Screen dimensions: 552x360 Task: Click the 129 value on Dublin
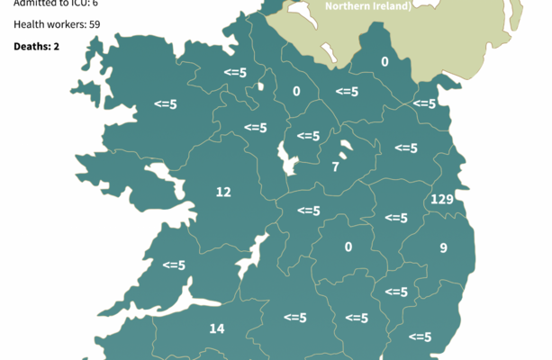pyautogui.click(x=441, y=199)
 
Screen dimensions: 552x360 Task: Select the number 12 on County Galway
pyautogui.click(x=223, y=191)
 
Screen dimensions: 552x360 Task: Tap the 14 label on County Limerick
pyautogui.click(x=216, y=328)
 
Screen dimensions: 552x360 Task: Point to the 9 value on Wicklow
pyautogui.click(x=443, y=247)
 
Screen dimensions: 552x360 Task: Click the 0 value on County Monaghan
pyautogui.click(x=385, y=62)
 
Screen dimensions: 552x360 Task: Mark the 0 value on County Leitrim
pyautogui.click(x=296, y=91)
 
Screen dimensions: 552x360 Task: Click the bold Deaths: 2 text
pyautogui.click(x=37, y=45)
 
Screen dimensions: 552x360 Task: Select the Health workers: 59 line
pyautogui.click(x=50, y=24)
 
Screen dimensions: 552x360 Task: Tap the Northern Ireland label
pyautogui.click(x=368, y=6)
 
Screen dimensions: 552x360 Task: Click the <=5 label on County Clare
pyautogui.click(x=174, y=265)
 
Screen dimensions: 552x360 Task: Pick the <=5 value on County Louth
pyautogui.click(x=423, y=103)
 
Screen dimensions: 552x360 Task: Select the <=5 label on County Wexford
pyautogui.click(x=420, y=337)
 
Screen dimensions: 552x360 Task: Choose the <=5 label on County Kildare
pyautogui.click(x=396, y=218)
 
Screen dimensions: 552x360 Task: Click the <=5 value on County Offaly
pyautogui.click(x=309, y=211)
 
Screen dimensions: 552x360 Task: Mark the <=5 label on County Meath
pyautogui.click(x=406, y=148)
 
